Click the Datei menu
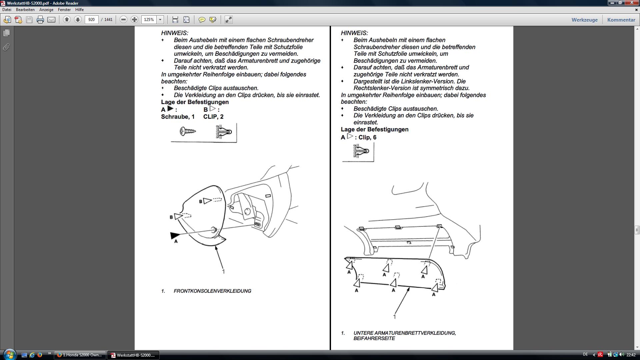tap(7, 10)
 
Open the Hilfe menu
tap(79, 10)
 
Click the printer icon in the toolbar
tap(40, 20)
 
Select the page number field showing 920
tap(92, 20)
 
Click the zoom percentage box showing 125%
tap(149, 20)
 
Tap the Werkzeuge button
tap(584, 20)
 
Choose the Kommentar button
tap(621, 20)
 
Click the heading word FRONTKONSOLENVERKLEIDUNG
tap(212, 291)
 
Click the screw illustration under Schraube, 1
tap(188, 131)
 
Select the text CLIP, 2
tap(213, 117)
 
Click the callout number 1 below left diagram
tap(223, 272)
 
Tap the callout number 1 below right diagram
tap(395, 317)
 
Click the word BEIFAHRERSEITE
tap(374, 338)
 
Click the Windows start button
tap(9, 355)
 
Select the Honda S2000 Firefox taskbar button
tap(80, 355)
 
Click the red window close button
tap(631, 3)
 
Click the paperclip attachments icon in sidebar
tap(6, 47)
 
